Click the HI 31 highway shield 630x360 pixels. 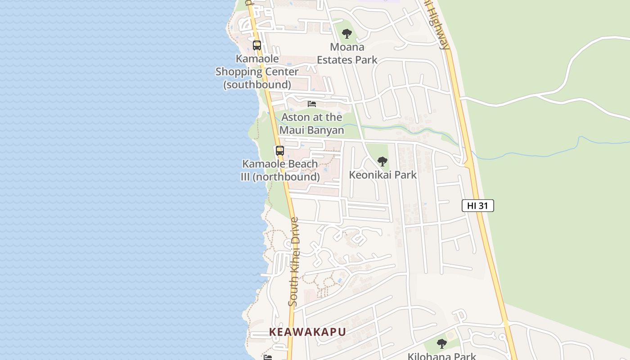tap(478, 206)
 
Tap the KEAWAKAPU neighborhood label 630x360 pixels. tap(307, 332)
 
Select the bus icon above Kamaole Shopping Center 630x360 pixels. tap(257, 45)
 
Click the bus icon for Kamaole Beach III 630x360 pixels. tap(280, 151)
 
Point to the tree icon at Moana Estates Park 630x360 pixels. tap(346, 34)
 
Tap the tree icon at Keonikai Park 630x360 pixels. tap(382, 162)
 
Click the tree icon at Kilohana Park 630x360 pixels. tap(442, 344)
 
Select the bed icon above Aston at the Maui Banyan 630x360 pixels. tap(312, 104)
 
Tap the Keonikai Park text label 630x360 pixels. tap(383, 175)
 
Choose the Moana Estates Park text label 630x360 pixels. tap(347, 53)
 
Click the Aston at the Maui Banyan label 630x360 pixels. tap(312, 124)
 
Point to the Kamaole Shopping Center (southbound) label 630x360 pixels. tap(257, 72)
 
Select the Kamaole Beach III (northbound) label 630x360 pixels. tap(280, 170)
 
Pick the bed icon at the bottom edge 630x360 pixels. tap(268, 357)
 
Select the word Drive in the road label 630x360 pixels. tap(295, 231)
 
